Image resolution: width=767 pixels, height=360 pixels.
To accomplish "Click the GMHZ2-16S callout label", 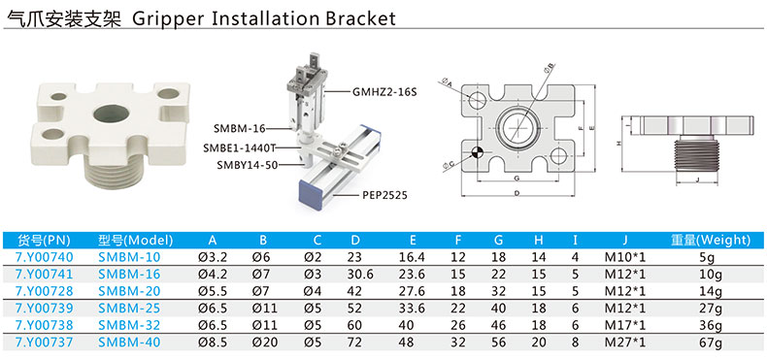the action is click(384, 91).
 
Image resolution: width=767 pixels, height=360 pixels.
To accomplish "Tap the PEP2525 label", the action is click(385, 196).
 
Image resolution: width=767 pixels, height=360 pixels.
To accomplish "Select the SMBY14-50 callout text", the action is click(248, 165).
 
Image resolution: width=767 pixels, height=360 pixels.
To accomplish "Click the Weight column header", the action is click(711, 240).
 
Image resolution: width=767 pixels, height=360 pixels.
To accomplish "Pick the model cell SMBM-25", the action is click(129, 309).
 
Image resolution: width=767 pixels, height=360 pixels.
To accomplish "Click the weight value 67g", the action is click(711, 343).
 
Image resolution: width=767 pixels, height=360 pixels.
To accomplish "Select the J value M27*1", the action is click(625, 343).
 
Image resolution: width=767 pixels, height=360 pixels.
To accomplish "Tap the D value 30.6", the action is click(360, 274).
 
